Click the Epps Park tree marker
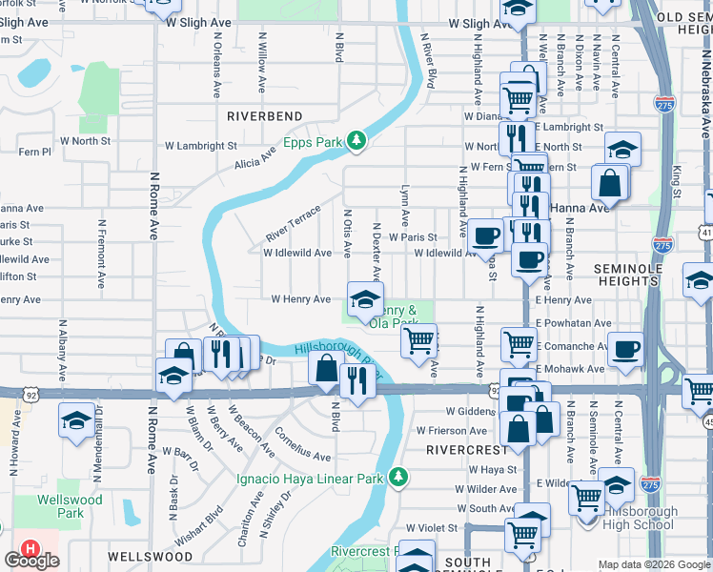point(356,141)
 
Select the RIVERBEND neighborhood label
point(265,116)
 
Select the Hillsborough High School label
point(641,519)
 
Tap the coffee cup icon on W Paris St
point(485,235)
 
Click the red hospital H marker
point(31,550)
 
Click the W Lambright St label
point(200,146)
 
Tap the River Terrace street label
point(294,223)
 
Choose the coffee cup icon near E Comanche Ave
point(625,350)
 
